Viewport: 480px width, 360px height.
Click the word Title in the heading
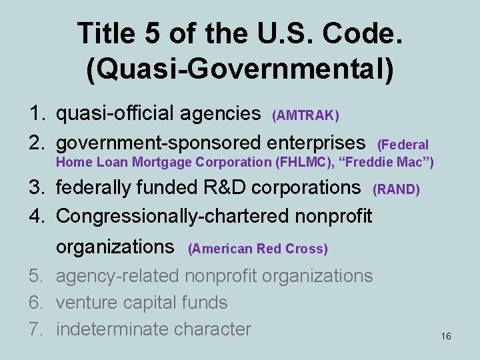[106, 32]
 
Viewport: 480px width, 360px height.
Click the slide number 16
[446, 337]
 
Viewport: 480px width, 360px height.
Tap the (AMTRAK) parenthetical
[305, 117]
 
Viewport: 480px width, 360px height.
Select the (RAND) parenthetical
[396, 190]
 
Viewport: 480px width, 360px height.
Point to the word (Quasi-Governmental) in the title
[240, 70]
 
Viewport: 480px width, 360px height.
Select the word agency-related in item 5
[117, 276]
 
